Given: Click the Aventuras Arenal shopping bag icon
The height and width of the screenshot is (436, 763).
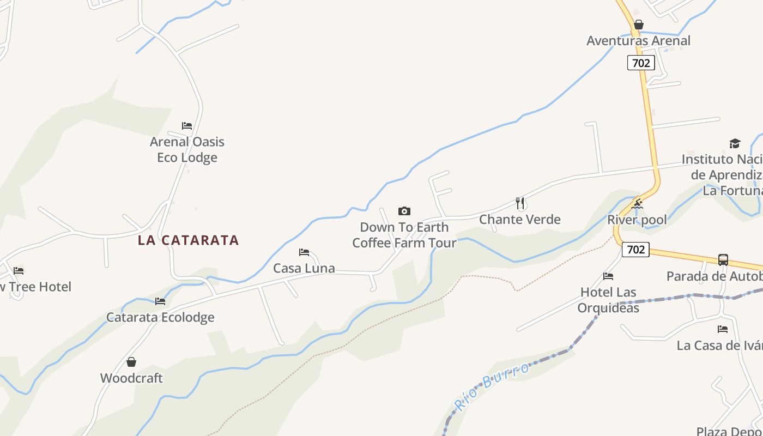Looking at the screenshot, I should pos(639,25).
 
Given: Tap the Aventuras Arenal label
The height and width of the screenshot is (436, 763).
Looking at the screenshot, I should pos(638,41).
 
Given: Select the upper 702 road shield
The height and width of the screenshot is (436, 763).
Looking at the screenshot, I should pos(641,63).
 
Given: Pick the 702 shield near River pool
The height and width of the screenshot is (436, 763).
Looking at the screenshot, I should pos(635,250).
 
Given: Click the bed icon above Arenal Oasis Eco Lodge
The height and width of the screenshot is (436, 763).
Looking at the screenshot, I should pos(187,126).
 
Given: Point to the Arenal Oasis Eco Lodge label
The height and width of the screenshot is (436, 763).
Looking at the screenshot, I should pos(187,149).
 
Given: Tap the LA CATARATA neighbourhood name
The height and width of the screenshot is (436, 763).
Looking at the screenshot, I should pos(189,240).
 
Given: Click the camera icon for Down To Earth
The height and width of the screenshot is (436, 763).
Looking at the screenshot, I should pos(404,211).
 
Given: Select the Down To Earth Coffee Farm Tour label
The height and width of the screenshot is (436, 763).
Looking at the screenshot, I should pos(404,235).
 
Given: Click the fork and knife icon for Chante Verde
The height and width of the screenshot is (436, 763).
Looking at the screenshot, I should pos(520,203).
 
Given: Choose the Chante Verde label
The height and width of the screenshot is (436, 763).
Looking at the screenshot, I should pos(520,220).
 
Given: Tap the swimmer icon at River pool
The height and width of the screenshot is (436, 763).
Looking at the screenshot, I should pos(637,204).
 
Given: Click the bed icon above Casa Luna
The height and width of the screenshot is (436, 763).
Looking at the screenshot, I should pos(304,252).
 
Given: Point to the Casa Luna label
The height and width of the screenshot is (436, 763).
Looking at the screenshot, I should pos(304,269).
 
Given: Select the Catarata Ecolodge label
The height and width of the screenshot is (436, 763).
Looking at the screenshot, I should pos(160,317).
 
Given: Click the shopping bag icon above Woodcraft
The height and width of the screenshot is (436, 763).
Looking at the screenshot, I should pos(131,362).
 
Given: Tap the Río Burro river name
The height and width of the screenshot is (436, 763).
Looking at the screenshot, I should pos(492,387).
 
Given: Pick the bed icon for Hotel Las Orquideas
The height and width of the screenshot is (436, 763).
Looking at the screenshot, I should pos(608,276).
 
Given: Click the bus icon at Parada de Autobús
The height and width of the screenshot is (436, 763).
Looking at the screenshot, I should pos(723,260).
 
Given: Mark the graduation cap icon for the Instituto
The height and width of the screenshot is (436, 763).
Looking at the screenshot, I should pos(735,144).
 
